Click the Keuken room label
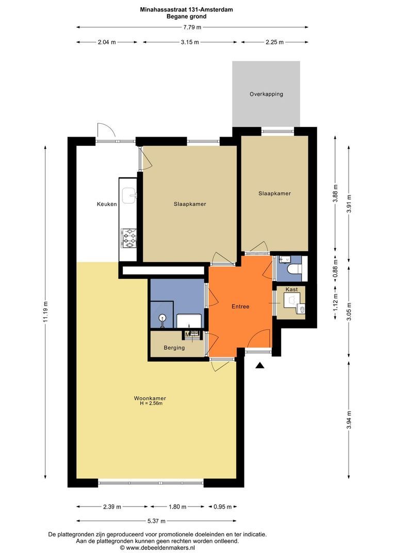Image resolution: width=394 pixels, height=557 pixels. pos(107,204)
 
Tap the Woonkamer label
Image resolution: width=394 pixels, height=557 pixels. pos(150,398)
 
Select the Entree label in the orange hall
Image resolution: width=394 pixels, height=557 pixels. pos(240,306)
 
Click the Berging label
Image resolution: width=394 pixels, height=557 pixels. pos(174,348)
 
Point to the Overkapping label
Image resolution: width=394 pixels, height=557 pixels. pos(266,94)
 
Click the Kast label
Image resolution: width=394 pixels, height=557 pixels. pos(292,289)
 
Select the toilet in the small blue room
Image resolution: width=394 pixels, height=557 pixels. pos(294,269)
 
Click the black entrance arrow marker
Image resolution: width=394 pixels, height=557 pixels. pos(260,366)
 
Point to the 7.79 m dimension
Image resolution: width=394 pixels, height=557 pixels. pos(192,27)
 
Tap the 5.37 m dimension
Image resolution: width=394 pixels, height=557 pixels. pos(157,521)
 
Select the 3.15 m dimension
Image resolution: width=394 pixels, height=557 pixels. pos(190,42)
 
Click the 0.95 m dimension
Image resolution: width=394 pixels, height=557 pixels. pos(222,507)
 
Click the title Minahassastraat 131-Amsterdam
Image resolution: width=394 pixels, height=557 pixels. pos(187,10)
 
